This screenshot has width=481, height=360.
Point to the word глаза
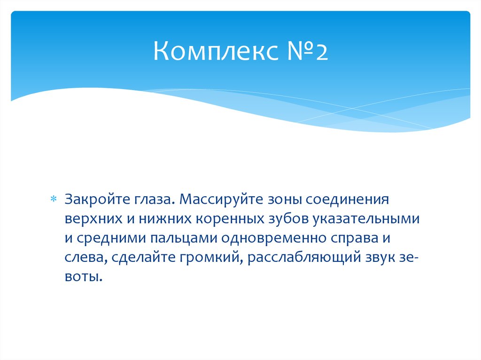tap(151, 199)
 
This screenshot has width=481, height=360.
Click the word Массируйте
tap(224, 199)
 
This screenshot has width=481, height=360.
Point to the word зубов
tap(278, 219)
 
